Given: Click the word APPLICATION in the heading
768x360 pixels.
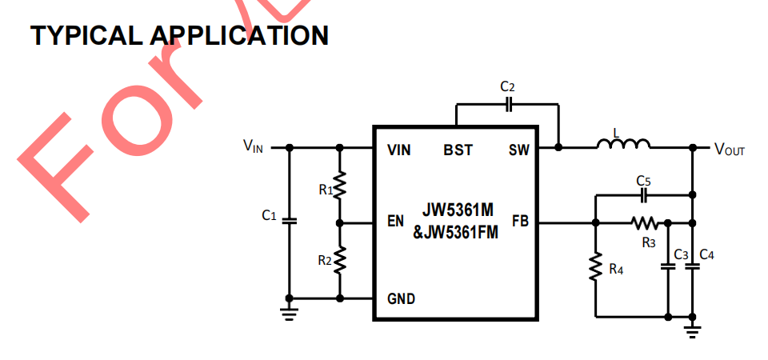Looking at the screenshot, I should point(239,35).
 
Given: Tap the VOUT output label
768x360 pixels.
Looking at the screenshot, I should point(729,149).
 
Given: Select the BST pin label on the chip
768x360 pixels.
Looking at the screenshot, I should point(458,150).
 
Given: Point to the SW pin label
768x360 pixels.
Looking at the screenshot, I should point(518,150).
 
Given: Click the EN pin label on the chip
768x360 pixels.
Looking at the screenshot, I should point(395,222).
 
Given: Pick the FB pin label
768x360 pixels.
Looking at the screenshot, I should point(520,222).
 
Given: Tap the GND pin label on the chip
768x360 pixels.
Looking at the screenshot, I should point(401,298).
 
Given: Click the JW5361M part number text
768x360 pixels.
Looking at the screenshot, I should point(458,210).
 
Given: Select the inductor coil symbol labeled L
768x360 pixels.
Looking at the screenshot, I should point(623,145).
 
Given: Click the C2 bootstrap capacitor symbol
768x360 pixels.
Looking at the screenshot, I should point(509,103).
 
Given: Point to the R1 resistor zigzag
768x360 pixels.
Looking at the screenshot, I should point(340,186).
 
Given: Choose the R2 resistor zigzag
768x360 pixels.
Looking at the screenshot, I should point(340,259).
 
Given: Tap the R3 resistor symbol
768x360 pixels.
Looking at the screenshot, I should point(644,222).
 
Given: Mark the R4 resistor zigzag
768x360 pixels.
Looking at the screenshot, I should point(596,268).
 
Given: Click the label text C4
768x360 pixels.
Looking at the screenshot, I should point(706,254).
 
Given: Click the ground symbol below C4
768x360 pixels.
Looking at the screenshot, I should point(693,327).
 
